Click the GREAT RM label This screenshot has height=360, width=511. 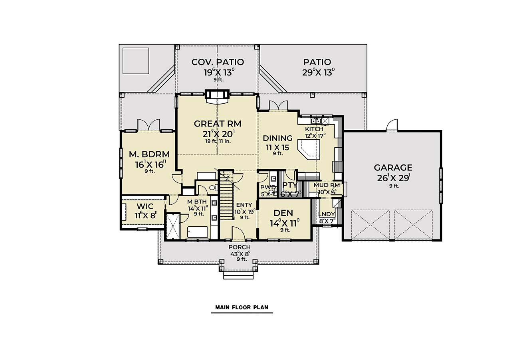[x=218, y=124]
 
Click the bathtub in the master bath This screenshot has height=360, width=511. [x=197, y=232]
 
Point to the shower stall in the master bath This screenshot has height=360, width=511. [x=172, y=226]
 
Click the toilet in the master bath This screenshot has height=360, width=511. [x=212, y=187]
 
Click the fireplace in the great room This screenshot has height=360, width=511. [x=217, y=96]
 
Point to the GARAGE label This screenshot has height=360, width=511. [x=393, y=168]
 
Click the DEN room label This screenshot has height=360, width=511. [x=284, y=213]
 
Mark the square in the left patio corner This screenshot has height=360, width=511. [x=136, y=61]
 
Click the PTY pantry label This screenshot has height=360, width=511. [x=289, y=185]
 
